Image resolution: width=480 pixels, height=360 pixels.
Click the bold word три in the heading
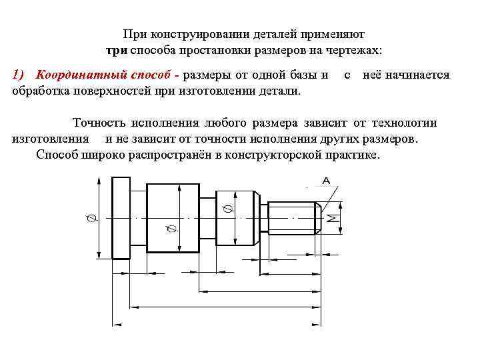(x=117, y=51)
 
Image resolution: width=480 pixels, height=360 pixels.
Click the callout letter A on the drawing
(x=327, y=180)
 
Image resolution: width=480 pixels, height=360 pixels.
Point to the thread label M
(x=331, y=219)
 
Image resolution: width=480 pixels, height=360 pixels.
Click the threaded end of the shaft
(x=294, y=217)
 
